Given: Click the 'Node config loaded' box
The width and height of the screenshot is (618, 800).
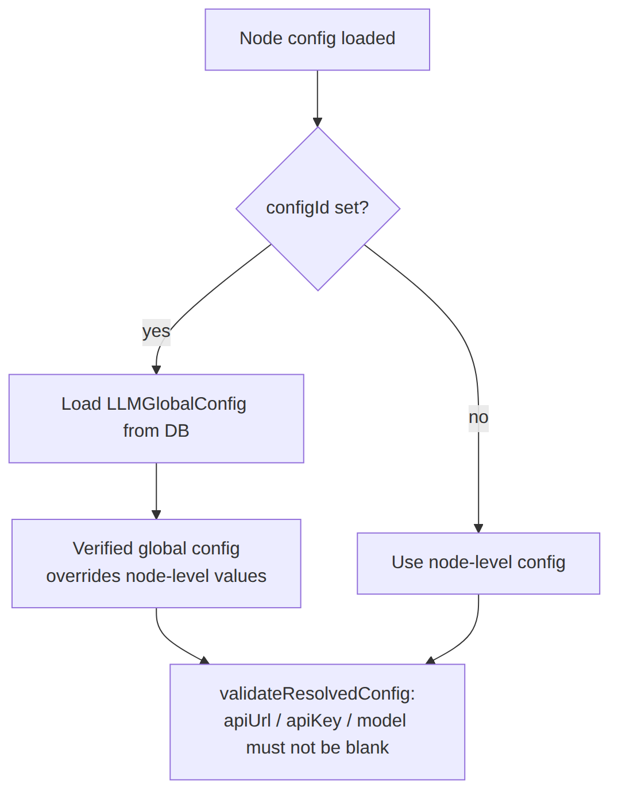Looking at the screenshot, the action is [x=317, y=40].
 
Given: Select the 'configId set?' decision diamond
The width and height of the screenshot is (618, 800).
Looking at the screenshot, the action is [x=318, y=209].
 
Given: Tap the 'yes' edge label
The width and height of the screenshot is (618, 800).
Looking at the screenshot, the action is [x=156, y=332].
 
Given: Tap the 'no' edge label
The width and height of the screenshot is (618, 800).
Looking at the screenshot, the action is [x=478, y=418].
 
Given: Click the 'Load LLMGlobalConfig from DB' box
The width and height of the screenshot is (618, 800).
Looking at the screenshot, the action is [x=156, y=418].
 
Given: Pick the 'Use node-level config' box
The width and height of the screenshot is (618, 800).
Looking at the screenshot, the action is [x=478, y=564].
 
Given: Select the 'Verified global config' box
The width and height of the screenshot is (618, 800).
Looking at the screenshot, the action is [x=156, y=564].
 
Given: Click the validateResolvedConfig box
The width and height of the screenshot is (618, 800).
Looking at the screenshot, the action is [x=317, y=722].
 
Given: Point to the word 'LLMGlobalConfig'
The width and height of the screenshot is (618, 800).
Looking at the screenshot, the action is [x=176, y=404].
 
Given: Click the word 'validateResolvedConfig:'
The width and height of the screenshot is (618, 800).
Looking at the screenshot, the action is [x=317, y=694].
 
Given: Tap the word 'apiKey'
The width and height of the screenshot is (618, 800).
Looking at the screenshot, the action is [x=314, y=721].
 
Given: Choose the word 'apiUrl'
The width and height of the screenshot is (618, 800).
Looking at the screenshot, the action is [x=247, y=721].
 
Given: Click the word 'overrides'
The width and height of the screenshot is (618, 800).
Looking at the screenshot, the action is [x=83, y=576].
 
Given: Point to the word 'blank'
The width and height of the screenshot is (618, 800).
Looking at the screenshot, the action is [x=367, y=748].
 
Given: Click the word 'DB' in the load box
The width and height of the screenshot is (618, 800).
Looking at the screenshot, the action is [x=177, y=431].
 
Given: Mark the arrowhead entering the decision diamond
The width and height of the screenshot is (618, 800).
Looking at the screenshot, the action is [x=318, y=122].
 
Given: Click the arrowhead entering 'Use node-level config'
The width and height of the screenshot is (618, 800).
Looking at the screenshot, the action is [x=478, y=529].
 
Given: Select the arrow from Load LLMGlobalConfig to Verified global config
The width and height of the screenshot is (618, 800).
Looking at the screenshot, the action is [x=156, y=491].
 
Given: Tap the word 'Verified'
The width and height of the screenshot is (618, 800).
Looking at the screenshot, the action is [x=103, y=549].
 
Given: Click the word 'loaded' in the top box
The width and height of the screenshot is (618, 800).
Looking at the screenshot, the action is [x=368, y=38].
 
